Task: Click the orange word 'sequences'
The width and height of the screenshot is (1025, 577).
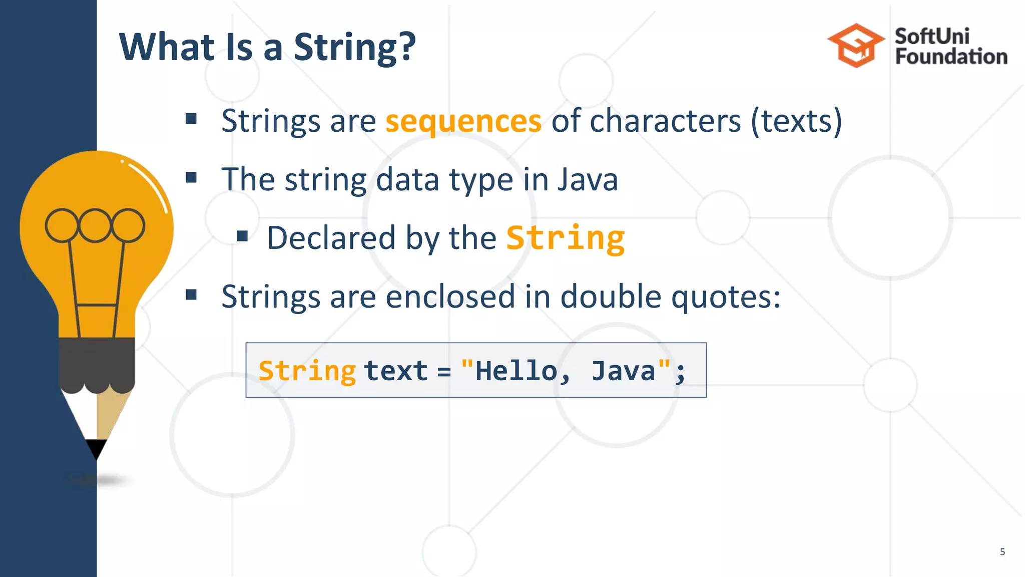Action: click(463, 122)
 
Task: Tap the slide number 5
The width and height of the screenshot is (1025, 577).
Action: click(1002, 552)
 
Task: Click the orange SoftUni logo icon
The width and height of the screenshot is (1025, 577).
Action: click(856, 46)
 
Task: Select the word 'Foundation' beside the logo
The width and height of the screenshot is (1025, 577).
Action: click(951, 57)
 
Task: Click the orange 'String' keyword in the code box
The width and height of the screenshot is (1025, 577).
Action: click(307, 371)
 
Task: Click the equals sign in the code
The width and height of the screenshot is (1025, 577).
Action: click(444, 372)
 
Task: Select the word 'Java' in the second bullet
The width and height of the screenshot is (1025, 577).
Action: click(588, 179)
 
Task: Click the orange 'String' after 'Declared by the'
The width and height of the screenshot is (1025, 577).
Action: click(566, 238)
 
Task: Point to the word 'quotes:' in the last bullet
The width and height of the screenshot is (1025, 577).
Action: click(726, 297)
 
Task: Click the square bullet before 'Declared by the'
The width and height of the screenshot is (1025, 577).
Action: click(243, 236)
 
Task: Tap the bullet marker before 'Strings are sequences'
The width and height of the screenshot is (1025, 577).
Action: click(191, 119)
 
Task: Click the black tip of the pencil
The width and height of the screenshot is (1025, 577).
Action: click(96, 448)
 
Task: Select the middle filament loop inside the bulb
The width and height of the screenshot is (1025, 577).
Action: click(95, 225)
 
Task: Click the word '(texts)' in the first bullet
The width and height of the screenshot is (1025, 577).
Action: click(796, 121)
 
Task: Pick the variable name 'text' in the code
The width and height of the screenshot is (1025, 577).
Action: click(395, 371)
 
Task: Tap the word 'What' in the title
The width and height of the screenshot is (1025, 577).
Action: click(167, 47)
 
